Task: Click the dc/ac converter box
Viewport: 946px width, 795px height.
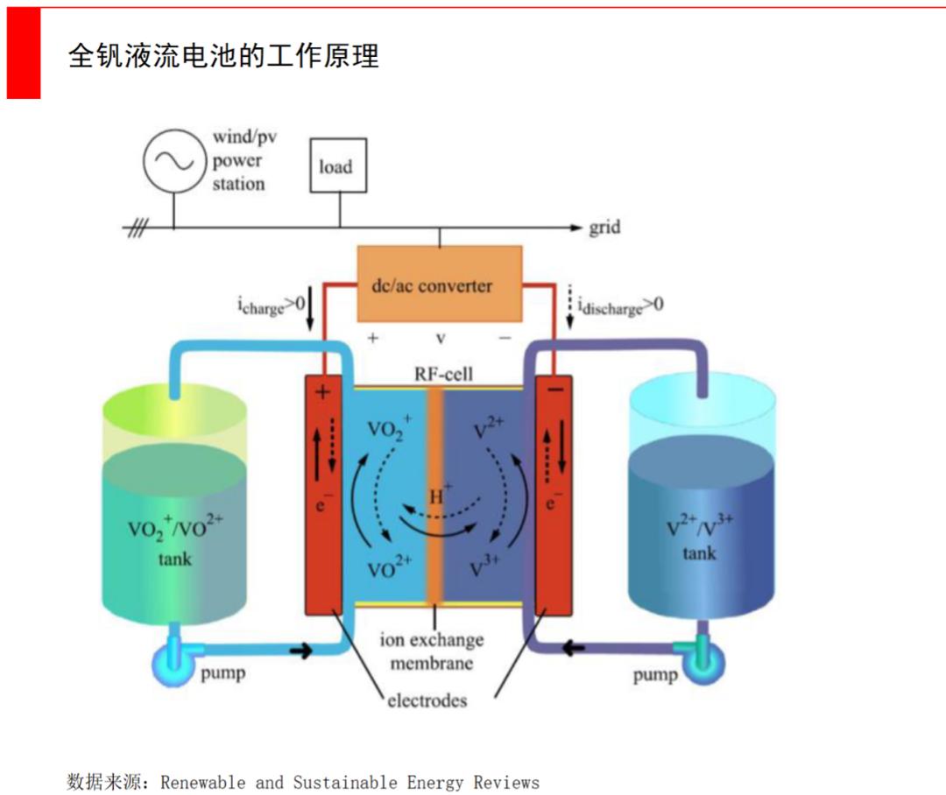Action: (x=440, y=284)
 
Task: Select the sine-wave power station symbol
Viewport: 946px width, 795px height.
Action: (x=173, y=160)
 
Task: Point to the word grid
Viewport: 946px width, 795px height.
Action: (x=604, y=227)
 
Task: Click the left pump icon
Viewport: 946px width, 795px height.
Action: (x=173, y=667)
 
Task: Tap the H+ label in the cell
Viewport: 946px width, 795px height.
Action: (x=441, y=496)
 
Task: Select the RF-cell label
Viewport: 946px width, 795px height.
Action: (x=443, y=375)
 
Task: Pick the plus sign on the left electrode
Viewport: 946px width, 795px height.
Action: (x=322, y=393)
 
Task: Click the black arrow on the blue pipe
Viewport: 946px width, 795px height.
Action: (x=300, y=650)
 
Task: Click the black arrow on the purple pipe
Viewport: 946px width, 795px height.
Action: (x=575, y=649)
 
